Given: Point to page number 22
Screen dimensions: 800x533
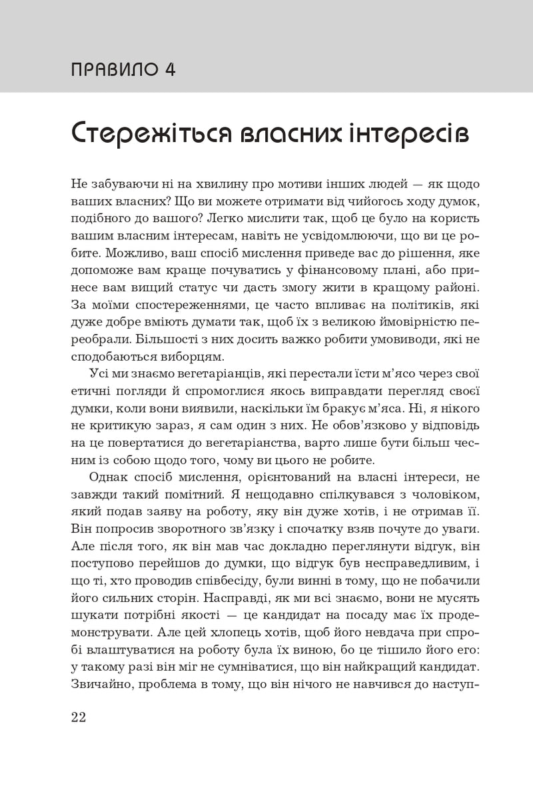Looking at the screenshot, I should pos(79,718).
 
